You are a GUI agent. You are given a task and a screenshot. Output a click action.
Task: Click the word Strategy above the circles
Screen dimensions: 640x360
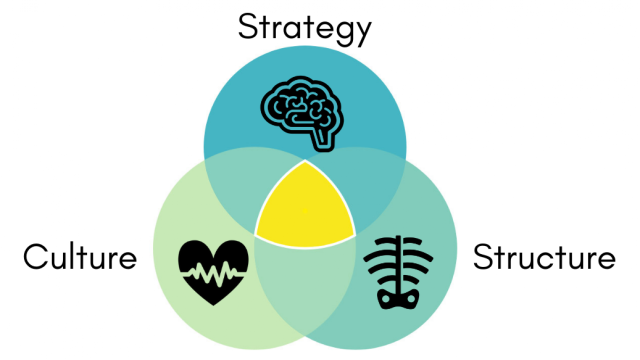click(x=305, y=29)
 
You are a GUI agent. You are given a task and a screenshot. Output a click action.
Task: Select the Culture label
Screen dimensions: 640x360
click(x=80, y=256)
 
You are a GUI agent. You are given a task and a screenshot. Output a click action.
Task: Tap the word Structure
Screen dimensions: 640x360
click(x=544, y=256)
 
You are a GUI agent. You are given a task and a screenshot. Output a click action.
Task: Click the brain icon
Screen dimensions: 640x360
click(x=302, y=113)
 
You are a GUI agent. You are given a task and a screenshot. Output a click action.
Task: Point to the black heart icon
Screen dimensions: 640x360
click(x=213, y=273)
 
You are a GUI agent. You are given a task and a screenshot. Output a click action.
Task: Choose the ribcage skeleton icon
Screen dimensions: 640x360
click(x=398, y=272)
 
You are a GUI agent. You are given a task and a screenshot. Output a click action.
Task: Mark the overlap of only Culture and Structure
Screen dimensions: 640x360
click(x=305, y=283)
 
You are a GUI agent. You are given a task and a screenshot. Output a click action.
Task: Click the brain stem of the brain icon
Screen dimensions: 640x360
click(x=323, y=140)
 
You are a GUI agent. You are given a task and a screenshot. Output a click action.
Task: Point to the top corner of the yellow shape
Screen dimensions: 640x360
click(x=305, y=160)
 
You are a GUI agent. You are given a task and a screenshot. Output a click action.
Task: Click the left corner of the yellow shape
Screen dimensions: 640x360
click(x=255, y=236)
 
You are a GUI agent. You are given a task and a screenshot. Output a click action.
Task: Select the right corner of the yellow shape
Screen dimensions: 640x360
click(x=355, y=236)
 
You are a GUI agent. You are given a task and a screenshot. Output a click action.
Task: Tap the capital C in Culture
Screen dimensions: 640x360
click(x=35, y=256)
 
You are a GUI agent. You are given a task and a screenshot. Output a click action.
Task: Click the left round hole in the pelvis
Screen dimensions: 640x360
click(x=385, y=299)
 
